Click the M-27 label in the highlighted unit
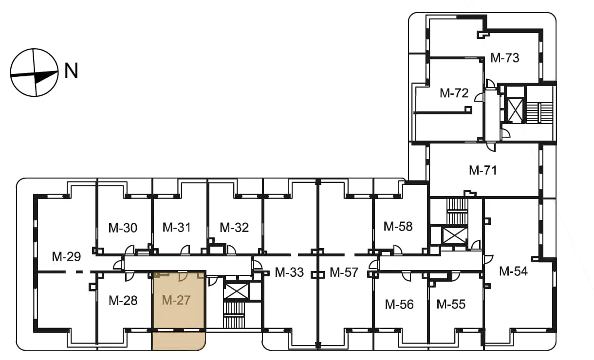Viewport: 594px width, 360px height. pyautogui.click(x=176, y=300)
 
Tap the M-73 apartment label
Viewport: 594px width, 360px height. pyautogui.click(x=504, y=58)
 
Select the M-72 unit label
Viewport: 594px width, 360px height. pyautogui.click(x=454, y=93)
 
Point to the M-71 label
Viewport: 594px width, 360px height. pyautogui.click(x=483, y=170)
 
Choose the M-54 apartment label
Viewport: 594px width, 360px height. pyautogui.click(x=513, y=271)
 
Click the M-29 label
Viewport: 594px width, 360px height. pyautogui.click(x=66, y=257)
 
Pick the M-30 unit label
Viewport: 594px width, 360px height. pyautogui.click(x=123, y=228)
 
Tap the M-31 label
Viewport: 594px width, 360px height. pyautogui.click(x=177, y=227)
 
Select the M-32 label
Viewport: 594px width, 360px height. pyautogui.click(x=234, y=228)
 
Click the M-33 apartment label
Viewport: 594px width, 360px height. pyautogui.click(x=289, y=272)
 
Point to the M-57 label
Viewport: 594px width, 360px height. pyautogui.click(x=344, y=272)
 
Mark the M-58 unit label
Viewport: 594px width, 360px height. pyautogui.click(x=398, y=227)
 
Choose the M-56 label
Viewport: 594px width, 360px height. pyautogui.click(x=399, y=305)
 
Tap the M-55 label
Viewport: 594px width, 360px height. pyautogui.click(x=451, y=304)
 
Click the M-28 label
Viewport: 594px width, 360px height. pyautogui.click(x=123, y=300)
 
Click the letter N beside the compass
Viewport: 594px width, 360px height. pyautogui.click(x=71, y=71)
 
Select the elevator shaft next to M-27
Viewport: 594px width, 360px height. pyautogui.click(x=236, y=291)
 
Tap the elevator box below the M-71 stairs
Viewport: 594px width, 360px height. pyautogui.click(x=455, y=235)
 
